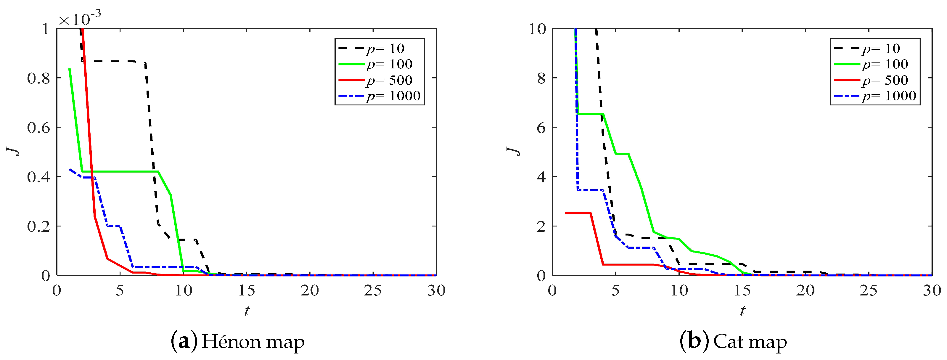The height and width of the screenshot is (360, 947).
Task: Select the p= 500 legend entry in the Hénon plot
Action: pyautogui.click(x=389, y=80)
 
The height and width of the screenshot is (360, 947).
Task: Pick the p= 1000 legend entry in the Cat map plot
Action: pyautogui.click(x=889, y=96)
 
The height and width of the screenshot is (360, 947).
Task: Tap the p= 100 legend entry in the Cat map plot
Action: pyautogui.click(x=885, y=64)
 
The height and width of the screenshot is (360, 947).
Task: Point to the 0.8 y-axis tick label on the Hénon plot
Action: pyautogui.click(x=38, y=78)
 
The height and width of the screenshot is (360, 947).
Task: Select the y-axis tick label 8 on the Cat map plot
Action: pyautogui.click(x=541, y=78)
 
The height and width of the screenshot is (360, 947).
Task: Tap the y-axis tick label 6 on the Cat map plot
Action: pyautogui.click(x=541, y=128)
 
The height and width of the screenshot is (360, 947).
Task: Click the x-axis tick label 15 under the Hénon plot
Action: pyautogui.click(x=246, y=291)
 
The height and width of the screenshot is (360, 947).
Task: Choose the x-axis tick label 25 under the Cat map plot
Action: pyautogui.click(x=868, y=291)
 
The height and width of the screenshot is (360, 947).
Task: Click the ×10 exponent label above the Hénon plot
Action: pyautogui.click(x=79, y=18)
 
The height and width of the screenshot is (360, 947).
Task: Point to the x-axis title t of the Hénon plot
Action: pyautogui.click(x=247, y=311)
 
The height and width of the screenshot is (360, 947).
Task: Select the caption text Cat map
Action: pyautogui.click(x=750, y=342)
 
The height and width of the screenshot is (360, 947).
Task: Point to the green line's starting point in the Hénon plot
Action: pyautogui.click(x=70, y=69)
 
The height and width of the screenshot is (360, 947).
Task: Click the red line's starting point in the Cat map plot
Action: pyautogui.click(x=565, y=213)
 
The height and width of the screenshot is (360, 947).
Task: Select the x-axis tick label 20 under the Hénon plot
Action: pyautogui.click(x=310, y=291)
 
